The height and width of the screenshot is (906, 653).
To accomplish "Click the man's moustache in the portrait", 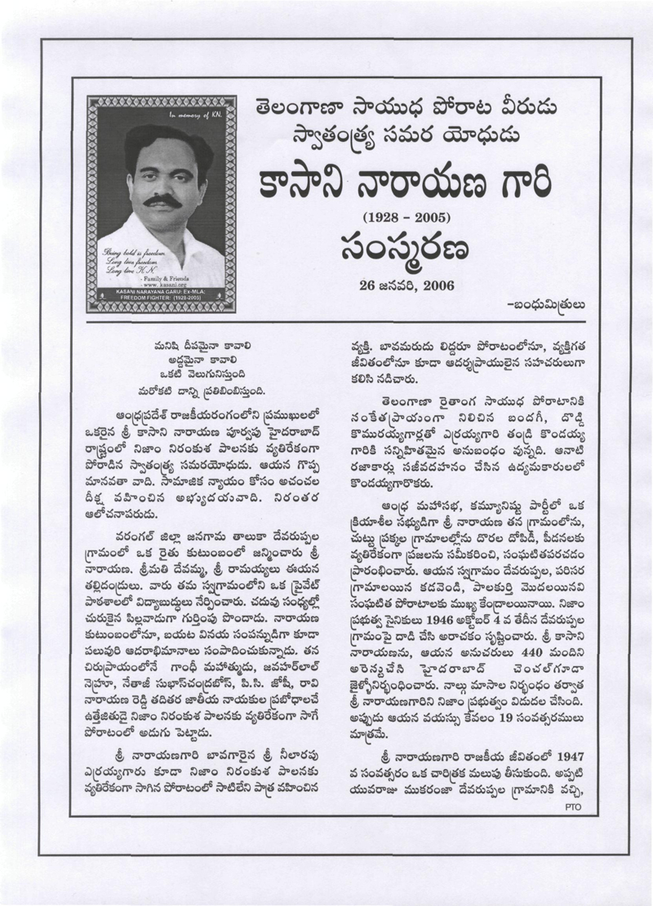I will tap(162, 200).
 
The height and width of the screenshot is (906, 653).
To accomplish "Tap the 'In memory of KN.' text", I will tap(189, 116).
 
